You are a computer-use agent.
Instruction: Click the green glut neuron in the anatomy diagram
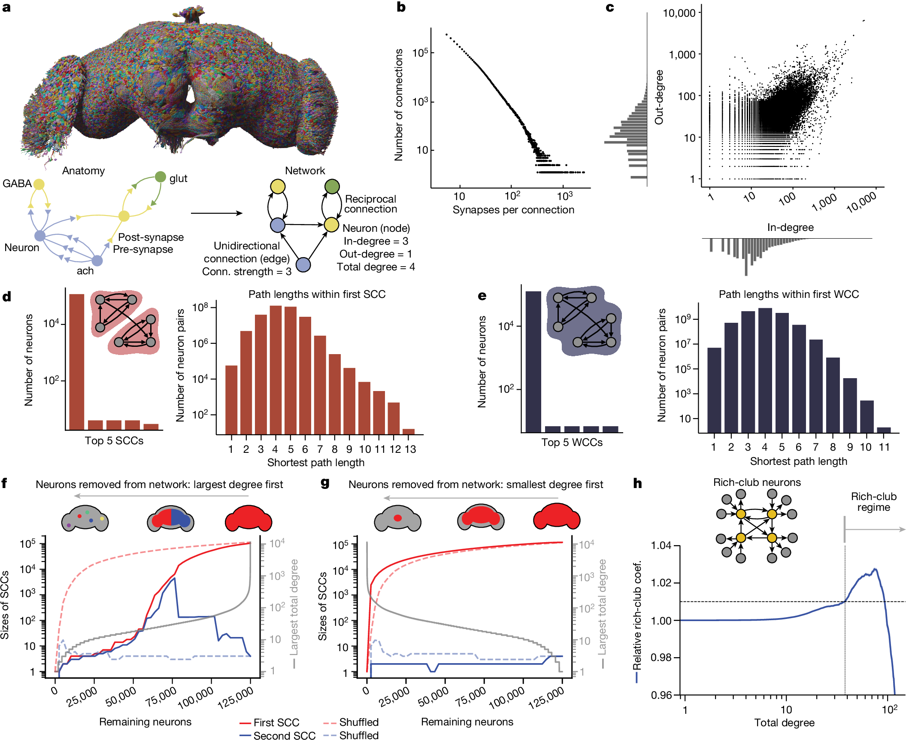[x=160, y=177]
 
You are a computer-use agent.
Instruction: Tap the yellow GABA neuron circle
[x=39, y=185]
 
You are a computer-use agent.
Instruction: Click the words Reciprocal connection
[x=370, y=204]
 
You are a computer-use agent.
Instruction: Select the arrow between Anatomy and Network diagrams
[x=216, y=213]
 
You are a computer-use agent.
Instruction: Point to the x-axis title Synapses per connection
[x=513, y=210]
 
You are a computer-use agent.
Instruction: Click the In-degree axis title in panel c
[x=790, y=227]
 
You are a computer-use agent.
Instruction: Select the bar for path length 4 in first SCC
[x=276, y=369]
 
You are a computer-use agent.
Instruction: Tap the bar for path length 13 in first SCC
[x=409, y=431]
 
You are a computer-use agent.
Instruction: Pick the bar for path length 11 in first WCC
[x=884, y=430]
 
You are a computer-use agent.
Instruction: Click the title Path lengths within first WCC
[x=788, y=294]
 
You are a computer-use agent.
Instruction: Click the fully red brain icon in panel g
[x=556, y=516]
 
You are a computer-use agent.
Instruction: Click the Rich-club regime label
[x=873, y=502]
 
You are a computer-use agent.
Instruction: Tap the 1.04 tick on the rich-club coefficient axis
[x=661, y=546]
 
